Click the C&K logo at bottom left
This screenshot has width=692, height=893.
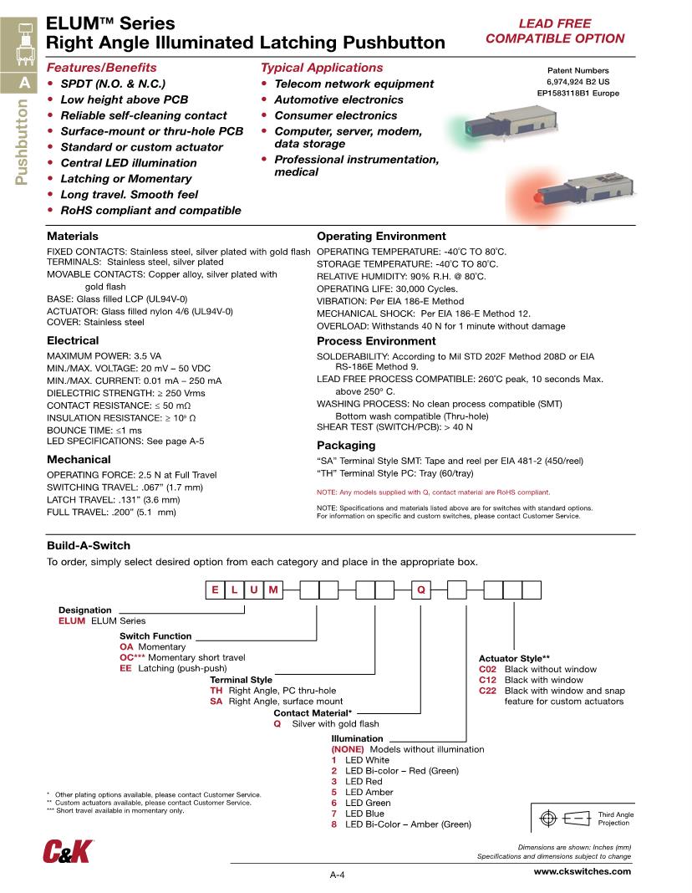pyautogui.click(x=69, y=851)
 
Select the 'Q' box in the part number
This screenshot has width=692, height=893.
pyautogui.click(x=422, y=591)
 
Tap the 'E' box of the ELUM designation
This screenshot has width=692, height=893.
pyautogui.click(x=215, y=591)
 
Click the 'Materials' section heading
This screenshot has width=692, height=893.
pyautogui.click(x=72, y=237)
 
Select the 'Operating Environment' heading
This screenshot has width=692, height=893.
pyautogui.click(x=381, y=237)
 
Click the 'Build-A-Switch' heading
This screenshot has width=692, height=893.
pyautogui.click(x=88, y=545)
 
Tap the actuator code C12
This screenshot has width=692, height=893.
pyautogui.click(x=488, y=680)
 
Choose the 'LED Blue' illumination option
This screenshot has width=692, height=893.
pyautogui.click(x=364, y=814)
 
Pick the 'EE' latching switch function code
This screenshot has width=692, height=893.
pyautogui.click(x=125, y=669)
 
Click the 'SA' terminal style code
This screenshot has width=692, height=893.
pyautogui.click(x=216, y=702)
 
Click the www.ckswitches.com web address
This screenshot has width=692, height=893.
pyautogui.click(x=582, y=871)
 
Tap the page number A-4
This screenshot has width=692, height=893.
pyautogui.click(x=338, y=875)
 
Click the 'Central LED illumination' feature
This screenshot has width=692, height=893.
pyautogui.click(x=125, y=163)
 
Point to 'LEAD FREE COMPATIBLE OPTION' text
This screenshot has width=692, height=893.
pyautogui.click(x=555, y=31)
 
